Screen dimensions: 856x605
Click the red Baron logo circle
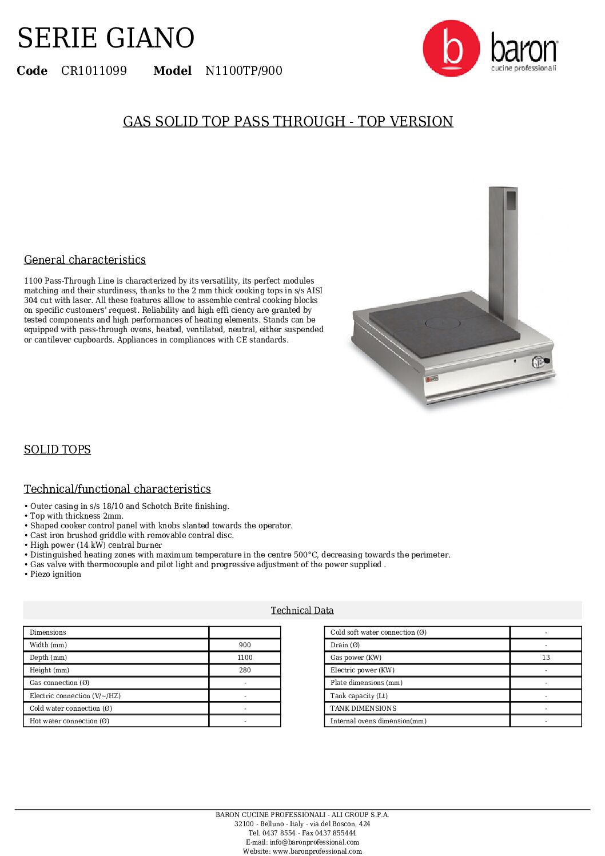click(451, 49)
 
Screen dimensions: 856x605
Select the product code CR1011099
click(94, 71)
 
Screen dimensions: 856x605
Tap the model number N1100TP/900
click(244, 71)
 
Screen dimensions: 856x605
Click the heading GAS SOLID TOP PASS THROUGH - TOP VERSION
click(288, 121)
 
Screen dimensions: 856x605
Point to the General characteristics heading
click(85, 260)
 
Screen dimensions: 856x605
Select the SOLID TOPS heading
click(57, 449)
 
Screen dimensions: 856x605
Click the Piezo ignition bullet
click(55, 574)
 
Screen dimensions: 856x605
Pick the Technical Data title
click(302, 610)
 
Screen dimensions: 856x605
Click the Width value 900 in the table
click(245, 645)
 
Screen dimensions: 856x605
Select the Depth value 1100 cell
click(245, 658)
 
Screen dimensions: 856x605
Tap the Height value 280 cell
click(245, 670)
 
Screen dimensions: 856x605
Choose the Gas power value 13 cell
click(546, 658)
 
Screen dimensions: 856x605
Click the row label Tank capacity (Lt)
click(359, 696)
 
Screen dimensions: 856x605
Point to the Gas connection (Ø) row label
click(59, 683)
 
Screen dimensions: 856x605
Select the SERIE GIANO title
click(106, 38)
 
